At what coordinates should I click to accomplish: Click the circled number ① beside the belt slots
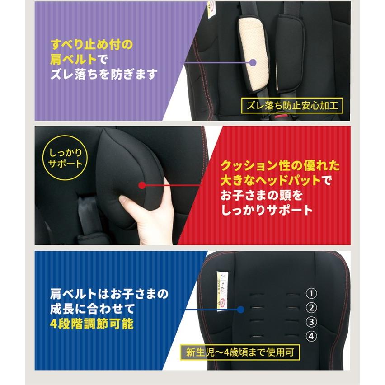click(x=311, y=293)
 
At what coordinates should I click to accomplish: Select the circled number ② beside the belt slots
click(x=311, y=308)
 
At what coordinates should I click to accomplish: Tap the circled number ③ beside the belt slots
click(x=311, y=322)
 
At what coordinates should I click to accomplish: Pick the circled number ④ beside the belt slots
click(x=311, y=336)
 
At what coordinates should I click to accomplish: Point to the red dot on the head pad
click(x=142, y=185)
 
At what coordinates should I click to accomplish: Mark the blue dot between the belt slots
click(x=241, y=310)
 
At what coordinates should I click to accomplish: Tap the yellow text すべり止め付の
click(x=91, y=45)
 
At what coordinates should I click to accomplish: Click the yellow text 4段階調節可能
click(x=92, y=324)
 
